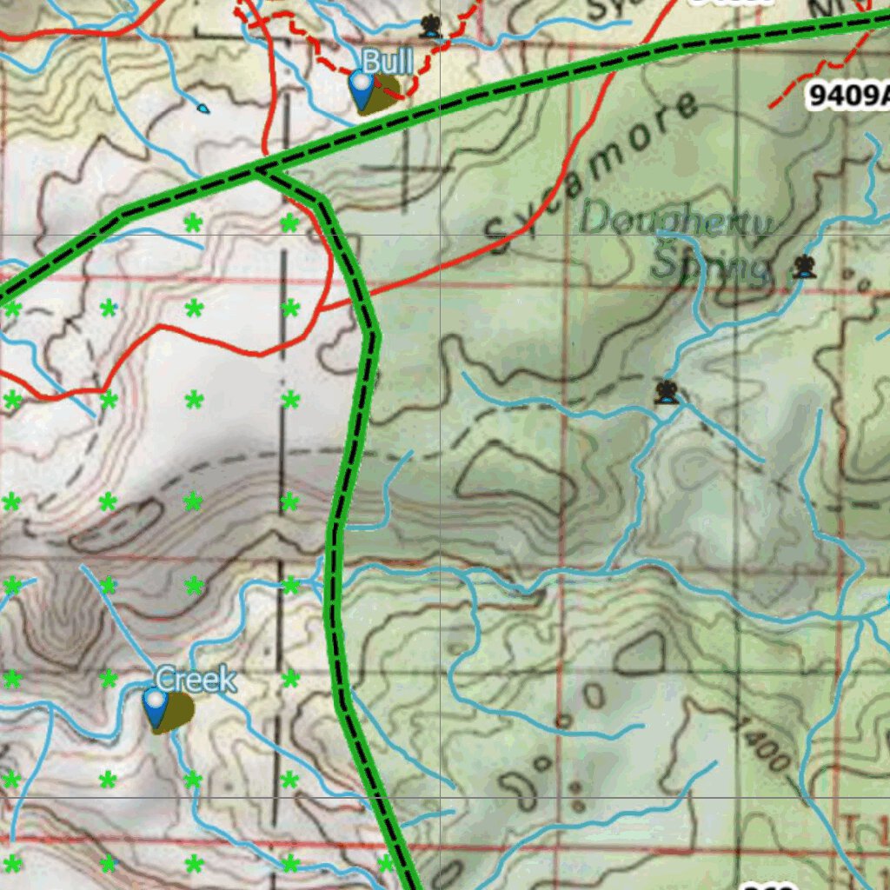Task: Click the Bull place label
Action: (x=387, y=62)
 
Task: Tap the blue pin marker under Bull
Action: (x=361, y=87)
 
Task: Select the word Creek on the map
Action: (x=195, y=680)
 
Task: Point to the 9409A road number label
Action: (x=847, y=95)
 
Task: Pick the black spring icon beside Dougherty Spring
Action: (x=804, y=267)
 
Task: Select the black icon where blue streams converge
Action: (x=667, y=392)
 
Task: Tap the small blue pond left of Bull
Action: (x=203, y=109)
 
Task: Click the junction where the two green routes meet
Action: (x=257, y=170)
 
